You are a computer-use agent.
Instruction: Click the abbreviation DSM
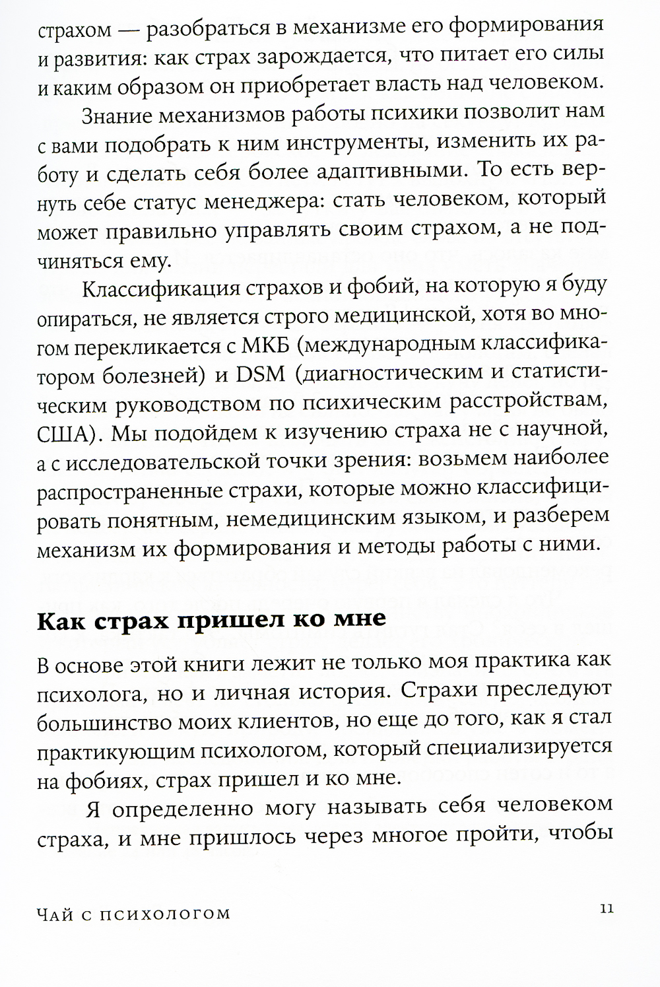click(255, 374)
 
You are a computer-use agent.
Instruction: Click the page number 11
click(607, 908)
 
